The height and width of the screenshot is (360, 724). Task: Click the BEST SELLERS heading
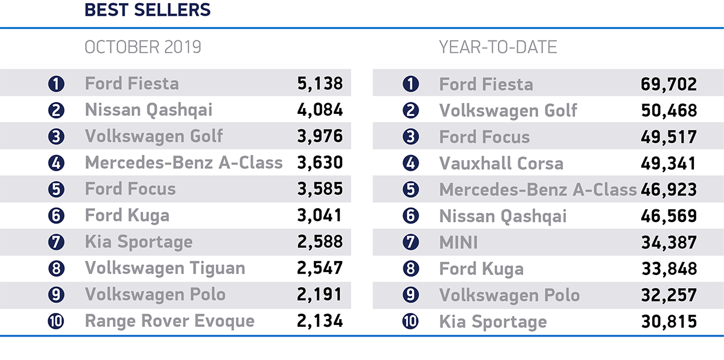pyautogui.click(x=147, y=10)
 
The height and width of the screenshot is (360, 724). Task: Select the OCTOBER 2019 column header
pyautogui.click(x=143, y=47)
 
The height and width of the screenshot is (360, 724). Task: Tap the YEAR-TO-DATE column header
pyautogui.click(x=498, y=47)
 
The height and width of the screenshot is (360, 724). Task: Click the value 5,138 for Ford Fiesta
pyautogui.click(x=320, y=83)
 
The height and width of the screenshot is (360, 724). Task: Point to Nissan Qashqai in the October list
pyautogui.click(x=148, y=110)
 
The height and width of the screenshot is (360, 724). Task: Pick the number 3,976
pyautogui.click(x=320, y=136)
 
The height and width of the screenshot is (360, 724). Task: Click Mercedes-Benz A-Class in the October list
pyautogui.click(x=183, y=163)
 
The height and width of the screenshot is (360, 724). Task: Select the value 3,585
pyautogui.click(x=320, y=189)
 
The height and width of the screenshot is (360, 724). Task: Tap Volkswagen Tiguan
pyautogui.click(x=165, y=268)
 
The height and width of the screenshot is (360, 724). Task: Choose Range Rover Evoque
pyautogui.click(x=170, y=321)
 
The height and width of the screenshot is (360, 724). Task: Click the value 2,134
pyautogui.click(x=320, y=321)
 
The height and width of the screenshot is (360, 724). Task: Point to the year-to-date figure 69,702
pyautogui.click(x=668, y=84)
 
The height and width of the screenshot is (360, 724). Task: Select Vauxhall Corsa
pyautogui.click(x=501, y=163)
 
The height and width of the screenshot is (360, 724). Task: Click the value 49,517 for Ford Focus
pyautogui.click(x=668, y=137)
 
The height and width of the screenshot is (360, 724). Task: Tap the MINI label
pyautogui.click(x=459, y=242)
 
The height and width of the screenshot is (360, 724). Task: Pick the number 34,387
pyautogui.click(x=668, y=242)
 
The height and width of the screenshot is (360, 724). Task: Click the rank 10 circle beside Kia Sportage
pyautogui.click(x=410, y=321)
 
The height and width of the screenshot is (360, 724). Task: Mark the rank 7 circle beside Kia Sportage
pyautogui.click(x=56, y=242)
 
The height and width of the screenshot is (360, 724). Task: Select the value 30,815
pyautogui.click(x=668, y=321)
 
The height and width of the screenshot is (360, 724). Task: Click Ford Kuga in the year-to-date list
pyautogui.click(x=481, y=269)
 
